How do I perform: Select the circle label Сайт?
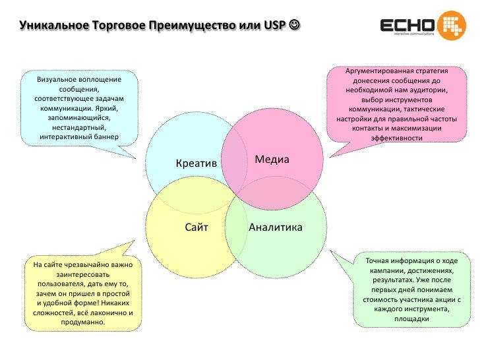[x=196, y=227]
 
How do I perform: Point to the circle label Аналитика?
[x=276, y=227]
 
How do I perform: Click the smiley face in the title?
[x=293, y=26]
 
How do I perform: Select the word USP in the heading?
[x=274, y=26]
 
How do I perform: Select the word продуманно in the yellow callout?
[x=82, y=322]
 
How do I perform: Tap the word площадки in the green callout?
[x=412, y=318]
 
